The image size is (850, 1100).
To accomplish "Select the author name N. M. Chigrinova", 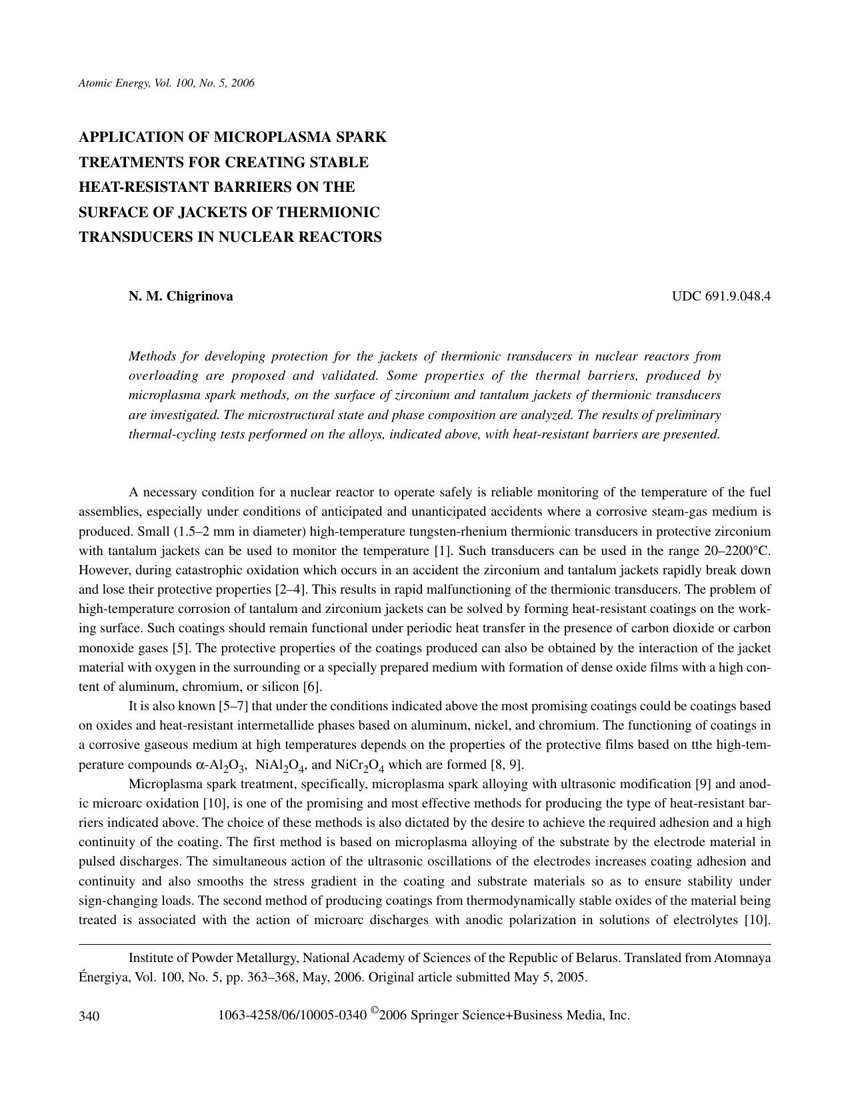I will coord(181,296).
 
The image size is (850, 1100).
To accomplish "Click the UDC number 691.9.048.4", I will coord(737,296).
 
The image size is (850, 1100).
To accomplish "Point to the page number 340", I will coord(89,1017).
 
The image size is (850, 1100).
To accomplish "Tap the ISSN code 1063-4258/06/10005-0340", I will coord(292,1016).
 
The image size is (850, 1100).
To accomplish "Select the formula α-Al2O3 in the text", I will coord(221,765).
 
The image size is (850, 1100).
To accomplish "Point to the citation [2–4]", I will coord(290,590).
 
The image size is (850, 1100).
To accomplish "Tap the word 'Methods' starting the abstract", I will coord(153,356).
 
